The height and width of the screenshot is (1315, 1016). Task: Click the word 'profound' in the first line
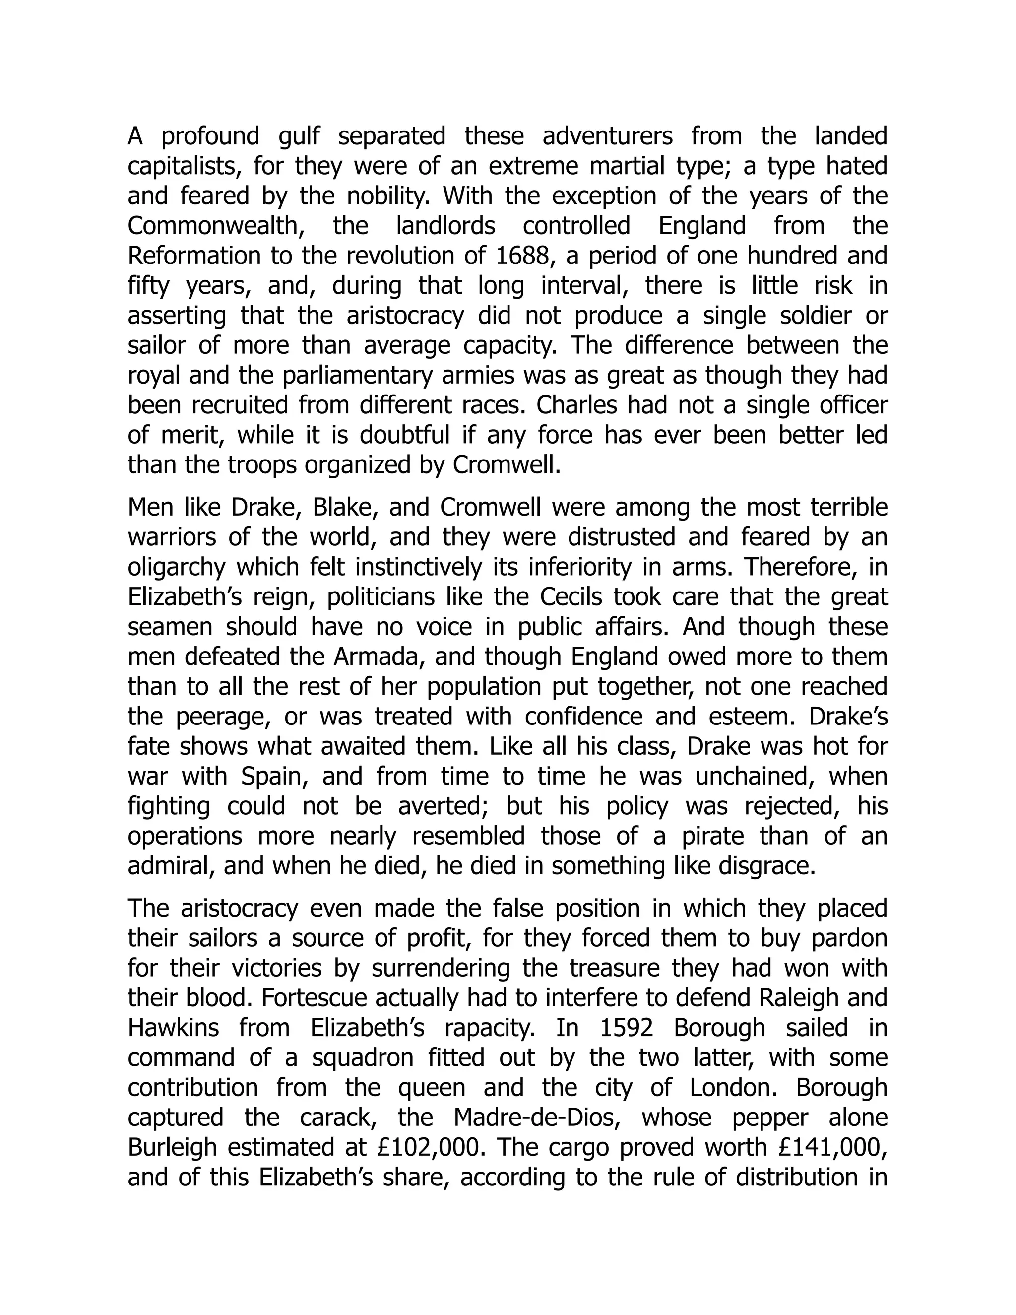coord(210,136)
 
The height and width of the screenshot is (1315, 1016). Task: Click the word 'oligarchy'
coord(178,567)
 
